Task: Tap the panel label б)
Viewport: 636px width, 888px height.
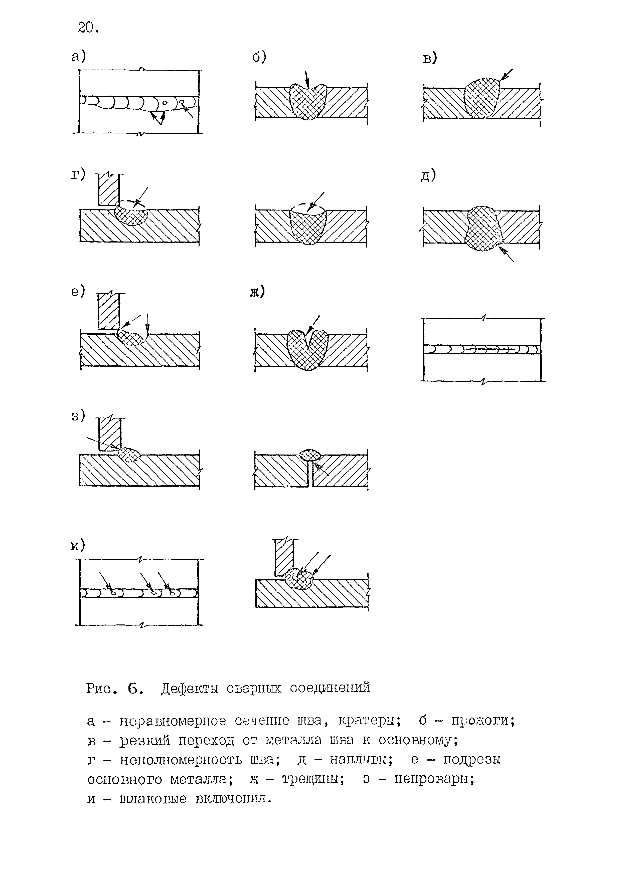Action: [x=259, y=57]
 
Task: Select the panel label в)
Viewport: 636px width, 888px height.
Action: [x=430, y=58]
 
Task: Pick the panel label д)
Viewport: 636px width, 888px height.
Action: [x=428, y=175]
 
